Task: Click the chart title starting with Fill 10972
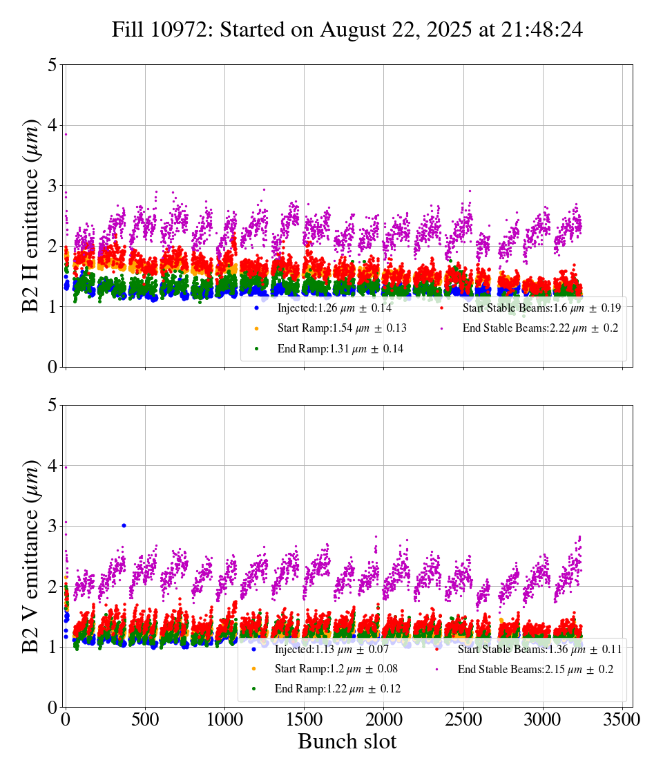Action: pos(347,30)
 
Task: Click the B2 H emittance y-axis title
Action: pos(31,216)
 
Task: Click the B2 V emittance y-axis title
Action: pos(31,556)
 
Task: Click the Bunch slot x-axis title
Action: pos(347,742)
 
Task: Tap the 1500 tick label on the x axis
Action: pos(304,719)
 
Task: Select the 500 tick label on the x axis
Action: pos(145,719)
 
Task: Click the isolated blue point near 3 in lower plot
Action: pos(124,525)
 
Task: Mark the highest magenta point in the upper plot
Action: pos(66,134)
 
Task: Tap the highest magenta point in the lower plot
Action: pos(66,467)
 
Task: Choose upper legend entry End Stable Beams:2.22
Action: pos(540,328)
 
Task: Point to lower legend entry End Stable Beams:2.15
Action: pos(535,670)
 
